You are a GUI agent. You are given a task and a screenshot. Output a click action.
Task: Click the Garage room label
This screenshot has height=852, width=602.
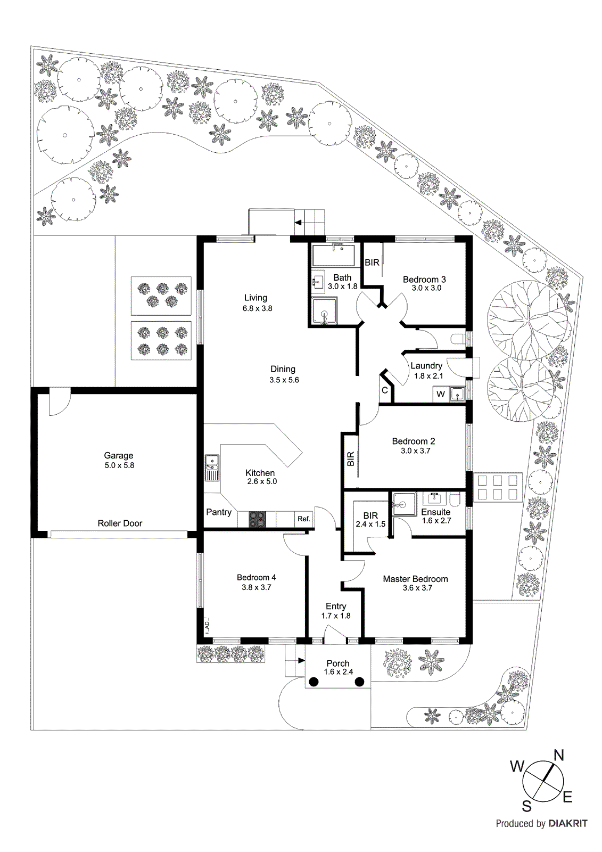118,455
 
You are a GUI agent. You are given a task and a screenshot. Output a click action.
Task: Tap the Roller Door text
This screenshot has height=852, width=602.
120,523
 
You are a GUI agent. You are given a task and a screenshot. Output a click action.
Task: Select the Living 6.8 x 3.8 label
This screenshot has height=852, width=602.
256,303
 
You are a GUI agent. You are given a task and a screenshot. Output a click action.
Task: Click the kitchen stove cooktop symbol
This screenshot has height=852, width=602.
257,519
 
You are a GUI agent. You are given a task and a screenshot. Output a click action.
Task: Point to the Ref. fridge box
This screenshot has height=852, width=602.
303,519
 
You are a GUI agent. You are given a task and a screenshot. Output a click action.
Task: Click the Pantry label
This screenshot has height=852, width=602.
219,512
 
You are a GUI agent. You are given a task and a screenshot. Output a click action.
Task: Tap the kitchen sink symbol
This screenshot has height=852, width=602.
212,468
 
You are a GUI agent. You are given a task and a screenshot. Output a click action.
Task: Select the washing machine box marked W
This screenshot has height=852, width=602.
441,395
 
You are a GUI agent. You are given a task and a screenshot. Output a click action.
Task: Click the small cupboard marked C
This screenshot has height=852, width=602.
385,390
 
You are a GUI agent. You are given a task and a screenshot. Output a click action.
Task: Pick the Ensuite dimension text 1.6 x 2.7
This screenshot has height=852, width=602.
436,521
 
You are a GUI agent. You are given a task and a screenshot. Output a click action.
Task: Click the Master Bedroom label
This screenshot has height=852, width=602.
415,579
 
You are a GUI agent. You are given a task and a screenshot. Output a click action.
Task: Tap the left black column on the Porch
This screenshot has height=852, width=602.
314,682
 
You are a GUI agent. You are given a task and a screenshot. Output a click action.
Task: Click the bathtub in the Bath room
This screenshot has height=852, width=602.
333,256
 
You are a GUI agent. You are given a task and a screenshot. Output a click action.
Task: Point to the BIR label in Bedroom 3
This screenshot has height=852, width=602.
372,263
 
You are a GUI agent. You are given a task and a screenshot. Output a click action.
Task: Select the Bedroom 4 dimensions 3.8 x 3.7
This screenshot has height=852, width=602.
256,587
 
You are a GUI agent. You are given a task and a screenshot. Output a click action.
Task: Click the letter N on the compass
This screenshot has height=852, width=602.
558,755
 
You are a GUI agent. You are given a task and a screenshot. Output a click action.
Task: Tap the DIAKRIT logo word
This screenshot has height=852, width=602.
568,823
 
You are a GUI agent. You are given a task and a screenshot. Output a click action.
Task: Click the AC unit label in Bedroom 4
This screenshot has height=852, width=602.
207,626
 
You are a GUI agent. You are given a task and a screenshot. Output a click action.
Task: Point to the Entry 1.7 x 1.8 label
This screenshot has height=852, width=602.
336,611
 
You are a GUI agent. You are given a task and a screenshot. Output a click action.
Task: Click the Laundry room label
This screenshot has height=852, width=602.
426,366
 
